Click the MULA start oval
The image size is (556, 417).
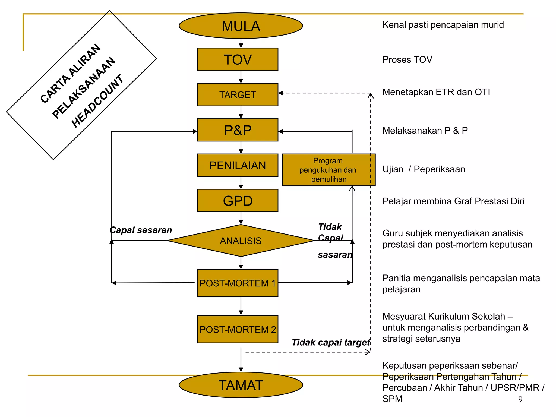pyautogui.click(x=241, y=26)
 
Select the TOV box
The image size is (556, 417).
pyautogui.click(x=238, y=59)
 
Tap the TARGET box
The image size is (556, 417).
pyautogui.click(x=238, y=95)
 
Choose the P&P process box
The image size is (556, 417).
pyautogui.click(x=238, y=130)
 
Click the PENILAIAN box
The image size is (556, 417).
pyautogui.click(x=238, y=165)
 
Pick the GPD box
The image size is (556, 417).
pyautogui.click(x=238, y=201)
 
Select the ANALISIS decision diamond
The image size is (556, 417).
pyautogui.click(x=241, y=241)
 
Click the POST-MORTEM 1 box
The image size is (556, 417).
pyautogui.click(x=238, y=283)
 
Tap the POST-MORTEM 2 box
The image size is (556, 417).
pyautogui.click(x=238, y=329)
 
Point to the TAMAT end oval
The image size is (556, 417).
pyautogui.click(x=241, y=385)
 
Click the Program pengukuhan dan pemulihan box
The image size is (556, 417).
pyautogui.click(x=329, y=170)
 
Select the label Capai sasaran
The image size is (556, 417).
pyautogui.click(x=141, y=230)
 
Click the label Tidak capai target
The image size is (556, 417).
pyautogui.click(x=331, y=343)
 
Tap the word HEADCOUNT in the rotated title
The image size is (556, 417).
pyautogui.click(x=97, y=101)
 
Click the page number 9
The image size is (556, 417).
pyautogui.click(x=520, y=399)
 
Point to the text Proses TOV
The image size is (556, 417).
pyautogui.click(x=407, y=60)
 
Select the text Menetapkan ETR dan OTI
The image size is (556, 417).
pyautogui.click(x=436, y=92)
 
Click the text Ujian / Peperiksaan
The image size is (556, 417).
pyautogui.click(x=424, y=169)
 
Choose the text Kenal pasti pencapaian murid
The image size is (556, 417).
pyautogui.click(x=443, y=25)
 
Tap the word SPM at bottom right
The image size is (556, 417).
pyautogui.click(x=392, y=399)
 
